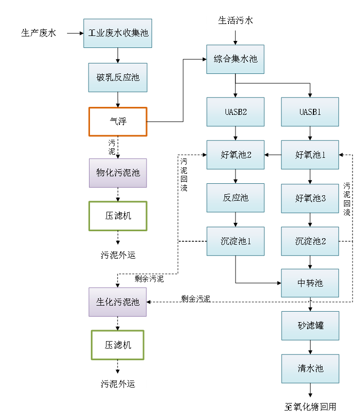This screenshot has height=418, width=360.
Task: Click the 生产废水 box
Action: [38, 33]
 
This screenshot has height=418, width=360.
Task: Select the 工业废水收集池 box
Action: [118, 33]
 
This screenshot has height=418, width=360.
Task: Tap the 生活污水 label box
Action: [235, 20]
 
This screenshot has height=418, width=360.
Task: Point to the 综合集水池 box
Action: [235, 59]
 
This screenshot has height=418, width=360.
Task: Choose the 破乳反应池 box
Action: [118, 77]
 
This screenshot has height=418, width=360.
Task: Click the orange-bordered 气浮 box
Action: [118, 122]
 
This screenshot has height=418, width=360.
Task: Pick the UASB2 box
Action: [235, 111]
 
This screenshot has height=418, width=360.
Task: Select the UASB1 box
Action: [310, 111]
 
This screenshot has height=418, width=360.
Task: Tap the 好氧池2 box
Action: [235, 155]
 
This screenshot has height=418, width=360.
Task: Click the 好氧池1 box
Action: [310, 155]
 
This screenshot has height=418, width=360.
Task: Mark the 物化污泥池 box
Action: [118, 173]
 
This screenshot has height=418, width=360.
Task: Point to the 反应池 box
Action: [235, 198]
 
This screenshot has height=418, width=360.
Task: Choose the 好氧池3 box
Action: [310, 198]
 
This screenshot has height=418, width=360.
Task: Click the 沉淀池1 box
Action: [235, 241]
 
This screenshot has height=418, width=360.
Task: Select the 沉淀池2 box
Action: [310, 241]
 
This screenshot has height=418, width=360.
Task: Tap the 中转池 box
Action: [310, 283]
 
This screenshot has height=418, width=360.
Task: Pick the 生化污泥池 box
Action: [118, 302]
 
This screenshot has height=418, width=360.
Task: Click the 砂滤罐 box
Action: [310, 326]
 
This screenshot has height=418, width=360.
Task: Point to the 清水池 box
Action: [310, 369]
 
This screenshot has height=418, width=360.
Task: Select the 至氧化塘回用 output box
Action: [310, 407]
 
